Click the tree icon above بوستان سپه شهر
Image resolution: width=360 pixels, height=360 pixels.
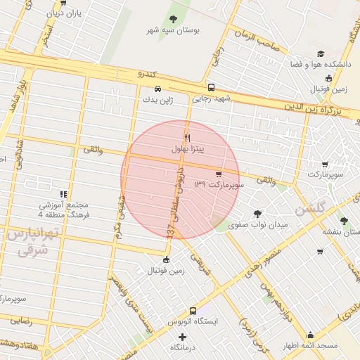coord(174,19)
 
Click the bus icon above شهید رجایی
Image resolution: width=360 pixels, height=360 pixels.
coord(212,89)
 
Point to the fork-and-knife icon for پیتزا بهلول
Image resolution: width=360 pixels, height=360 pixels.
coord(187,138)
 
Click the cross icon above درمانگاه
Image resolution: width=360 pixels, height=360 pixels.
coord(183,337)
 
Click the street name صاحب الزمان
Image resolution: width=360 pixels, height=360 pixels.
coord(257,40)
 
